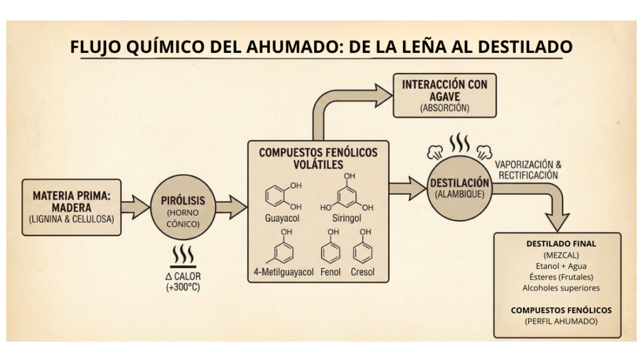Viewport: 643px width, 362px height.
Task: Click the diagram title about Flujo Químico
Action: pos(321,47)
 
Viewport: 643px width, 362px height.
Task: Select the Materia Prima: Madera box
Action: pos(71,207)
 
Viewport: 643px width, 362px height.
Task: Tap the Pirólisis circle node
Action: pos(183,207)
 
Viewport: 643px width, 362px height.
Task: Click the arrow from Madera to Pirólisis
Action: pos(136,207)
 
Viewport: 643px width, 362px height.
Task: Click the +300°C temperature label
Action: pos(183,287)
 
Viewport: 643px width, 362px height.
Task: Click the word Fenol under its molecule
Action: pos(330,272)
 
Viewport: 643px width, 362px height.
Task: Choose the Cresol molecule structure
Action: pos(363,253)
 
